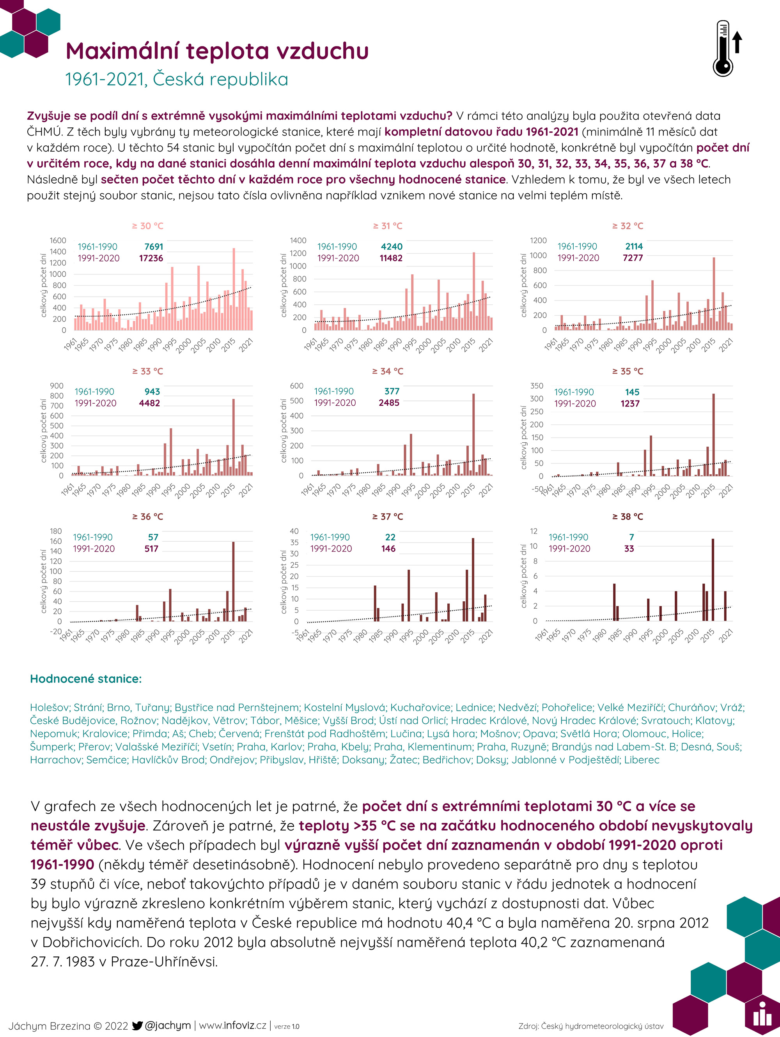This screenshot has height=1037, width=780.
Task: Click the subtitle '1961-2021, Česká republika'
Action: (x=176, y=79)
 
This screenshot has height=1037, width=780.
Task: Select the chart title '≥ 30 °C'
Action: (x=147, y=226)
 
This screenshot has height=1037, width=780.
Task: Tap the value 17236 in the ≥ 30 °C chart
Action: (x=151, y=258)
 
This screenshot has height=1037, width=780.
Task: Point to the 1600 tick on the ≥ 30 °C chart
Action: (x=58, y=240)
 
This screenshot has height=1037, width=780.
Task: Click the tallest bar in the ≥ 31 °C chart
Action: (x=474, y=291)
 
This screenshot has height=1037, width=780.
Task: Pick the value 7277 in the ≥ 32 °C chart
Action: (x=633, y=258)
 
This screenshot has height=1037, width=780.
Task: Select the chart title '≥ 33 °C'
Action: (x=147, y=371)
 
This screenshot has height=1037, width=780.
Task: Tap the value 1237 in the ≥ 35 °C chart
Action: (x=630, y=404)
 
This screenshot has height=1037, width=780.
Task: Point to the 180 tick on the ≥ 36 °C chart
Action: (x=56, y=531)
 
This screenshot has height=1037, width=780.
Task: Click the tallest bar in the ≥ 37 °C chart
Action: (x=473, y=579)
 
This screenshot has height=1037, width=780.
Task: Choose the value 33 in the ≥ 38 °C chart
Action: (x=629, y=548)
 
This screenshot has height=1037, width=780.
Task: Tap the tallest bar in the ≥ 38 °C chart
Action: (x=713, y=580)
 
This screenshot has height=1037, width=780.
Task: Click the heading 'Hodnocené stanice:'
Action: (x=86, y=679)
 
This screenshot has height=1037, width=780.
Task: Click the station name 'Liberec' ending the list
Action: (x=642, y=760)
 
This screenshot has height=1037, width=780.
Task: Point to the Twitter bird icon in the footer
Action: (x=137, y=1026)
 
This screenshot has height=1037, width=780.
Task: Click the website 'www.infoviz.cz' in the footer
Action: (x=233, y=1026)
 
